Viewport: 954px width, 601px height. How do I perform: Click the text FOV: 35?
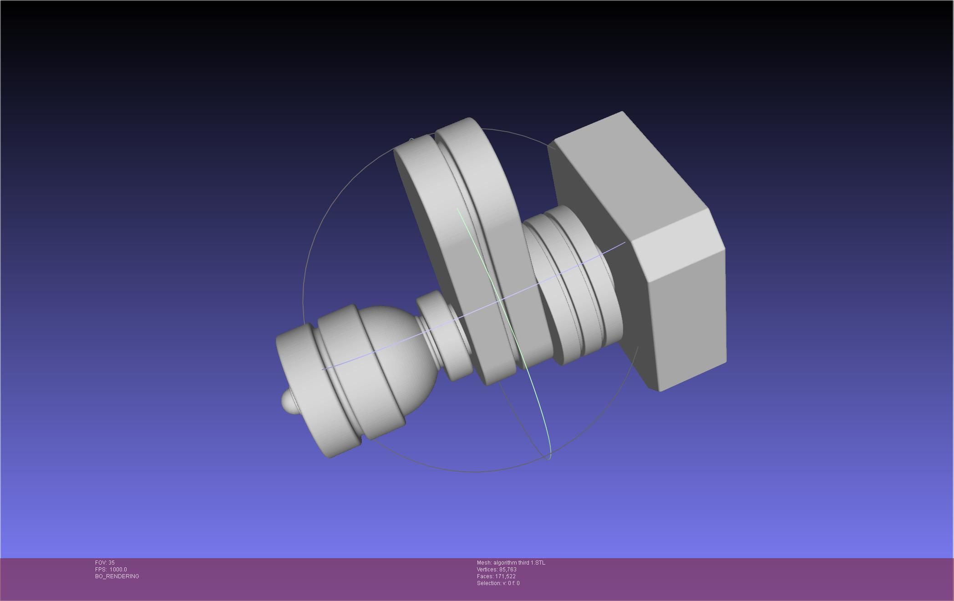pos(105,563)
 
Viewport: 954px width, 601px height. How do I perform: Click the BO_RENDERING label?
pos(117,576)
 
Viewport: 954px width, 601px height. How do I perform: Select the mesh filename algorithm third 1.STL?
pos(511,563)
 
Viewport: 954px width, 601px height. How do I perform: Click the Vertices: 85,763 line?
pos(496,570)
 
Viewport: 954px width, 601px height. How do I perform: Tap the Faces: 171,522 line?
pos(496,576)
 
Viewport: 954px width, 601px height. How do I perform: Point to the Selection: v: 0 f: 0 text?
pos(498,583)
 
